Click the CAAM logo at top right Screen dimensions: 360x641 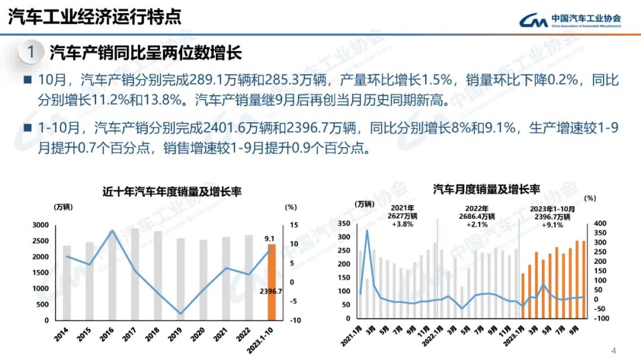point(570,20)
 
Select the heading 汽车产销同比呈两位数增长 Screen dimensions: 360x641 point(145,53)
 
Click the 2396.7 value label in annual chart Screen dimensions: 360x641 point(271,291)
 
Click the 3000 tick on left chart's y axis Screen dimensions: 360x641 point(40,225)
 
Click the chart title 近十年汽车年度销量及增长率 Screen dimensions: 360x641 point(172,192)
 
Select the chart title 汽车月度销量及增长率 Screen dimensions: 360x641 point(486,189)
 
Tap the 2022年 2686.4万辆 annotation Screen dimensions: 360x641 point(477,216)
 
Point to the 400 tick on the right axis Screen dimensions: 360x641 point(601,224)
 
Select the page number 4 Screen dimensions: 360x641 point(614,349)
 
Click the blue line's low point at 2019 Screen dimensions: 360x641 point(180,314)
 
